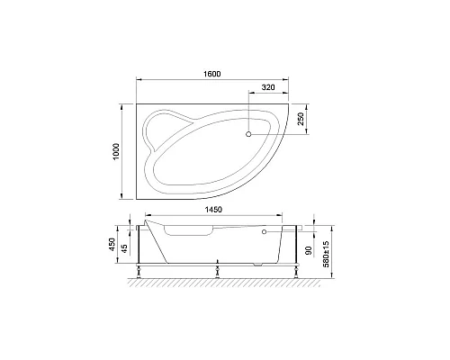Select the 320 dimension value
point(267,89)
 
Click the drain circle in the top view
point(249,135)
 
